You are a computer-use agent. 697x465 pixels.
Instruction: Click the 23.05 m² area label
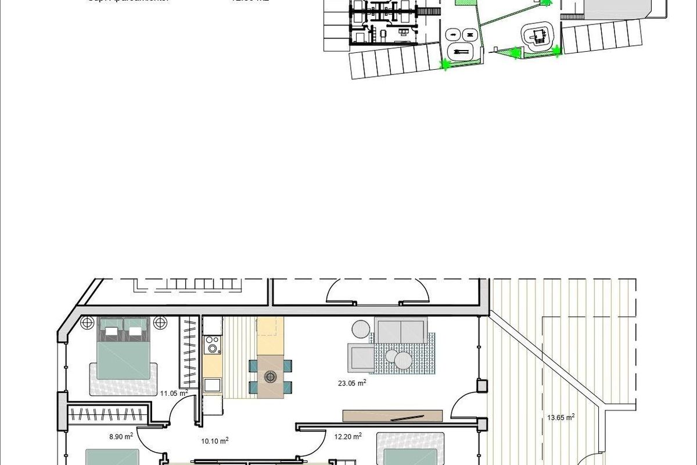point(353,383)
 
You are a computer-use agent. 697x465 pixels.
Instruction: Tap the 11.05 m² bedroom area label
point(174,394)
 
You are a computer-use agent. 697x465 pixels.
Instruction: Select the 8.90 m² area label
point(121,435)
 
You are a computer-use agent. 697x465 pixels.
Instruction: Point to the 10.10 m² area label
point(215,441)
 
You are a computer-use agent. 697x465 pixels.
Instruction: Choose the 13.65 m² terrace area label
point(561,417)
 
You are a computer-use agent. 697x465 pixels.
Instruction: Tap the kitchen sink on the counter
point(213,385)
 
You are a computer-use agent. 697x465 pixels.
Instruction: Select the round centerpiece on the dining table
point(270,377)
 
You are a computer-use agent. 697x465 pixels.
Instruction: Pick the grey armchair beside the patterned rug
point(361,356)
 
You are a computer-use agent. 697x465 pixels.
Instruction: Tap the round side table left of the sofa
point(360,330)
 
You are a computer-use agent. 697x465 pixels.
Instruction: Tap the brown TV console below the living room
point(393,416)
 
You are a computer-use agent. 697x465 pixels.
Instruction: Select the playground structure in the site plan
point(538,35)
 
